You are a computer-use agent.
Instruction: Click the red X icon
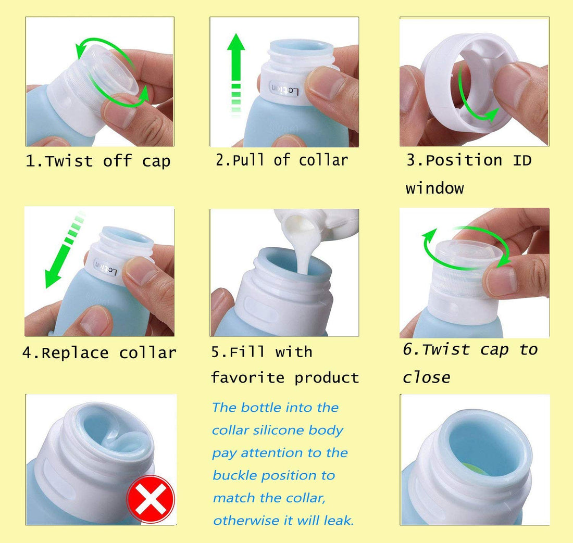tap(151, 498)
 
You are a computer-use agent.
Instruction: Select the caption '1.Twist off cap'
tap(98, 161)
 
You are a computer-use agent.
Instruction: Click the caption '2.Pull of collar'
tap(282, 160)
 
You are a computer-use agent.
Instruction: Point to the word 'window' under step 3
tap(434, 187)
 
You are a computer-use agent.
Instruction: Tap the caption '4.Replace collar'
tap(99, 353)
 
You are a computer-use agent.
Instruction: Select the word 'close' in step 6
tap(426, 377)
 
